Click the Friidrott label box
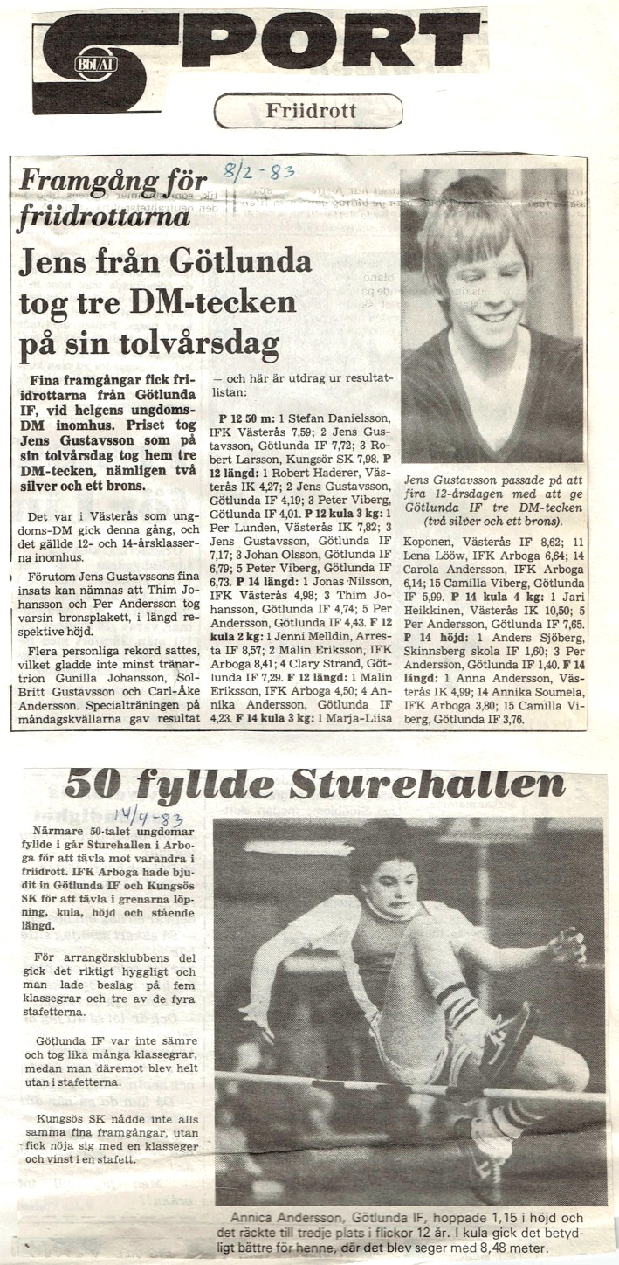[307, 111]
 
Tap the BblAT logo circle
[91, 63]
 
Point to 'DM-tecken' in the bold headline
[228, 301]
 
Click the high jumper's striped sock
[457, 1000]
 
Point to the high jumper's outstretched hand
[568, 946]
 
